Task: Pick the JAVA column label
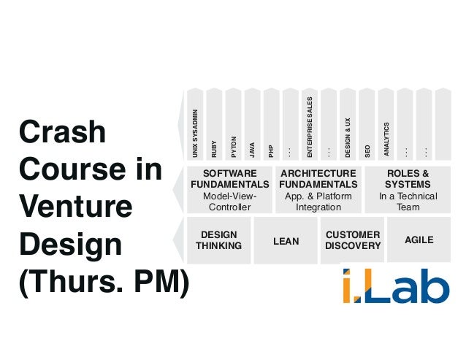252,148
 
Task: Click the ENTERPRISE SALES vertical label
310,127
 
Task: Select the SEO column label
367,150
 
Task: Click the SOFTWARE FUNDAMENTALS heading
229,179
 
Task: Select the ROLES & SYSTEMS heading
408,179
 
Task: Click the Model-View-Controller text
229,202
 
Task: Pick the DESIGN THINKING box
218,240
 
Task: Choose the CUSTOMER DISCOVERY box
353,240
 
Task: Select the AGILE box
419,239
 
